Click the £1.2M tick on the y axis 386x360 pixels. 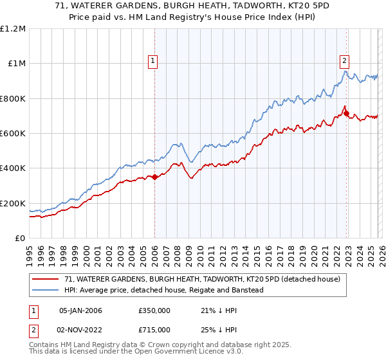[x=13, y=29]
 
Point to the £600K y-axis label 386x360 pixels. [x=13, y=134]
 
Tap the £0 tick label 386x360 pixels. [x=20, y=239]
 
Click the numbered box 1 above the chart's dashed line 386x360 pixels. [x=153, y=61]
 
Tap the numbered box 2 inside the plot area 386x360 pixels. [x=344, y=61]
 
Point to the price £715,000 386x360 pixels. [x=154, y=329]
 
